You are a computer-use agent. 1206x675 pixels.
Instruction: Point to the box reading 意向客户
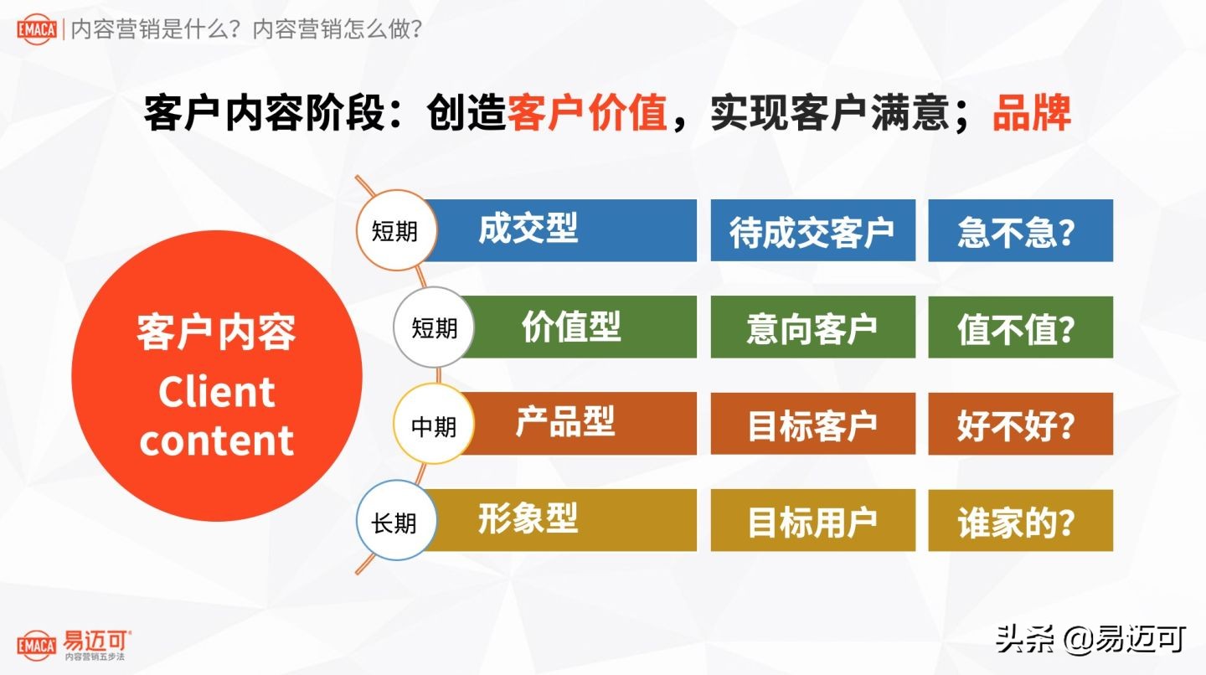point(812,327)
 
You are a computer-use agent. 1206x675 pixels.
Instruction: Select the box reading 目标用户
point(812,521)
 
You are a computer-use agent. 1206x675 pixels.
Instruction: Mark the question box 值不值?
point(1020,327)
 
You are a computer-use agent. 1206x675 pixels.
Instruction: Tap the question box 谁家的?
point(1020,521)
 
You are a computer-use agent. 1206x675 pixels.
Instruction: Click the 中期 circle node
point(434,425)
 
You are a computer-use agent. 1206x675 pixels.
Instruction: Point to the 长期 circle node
point(394,522)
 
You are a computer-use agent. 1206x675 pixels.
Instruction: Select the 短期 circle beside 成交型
point(394,230)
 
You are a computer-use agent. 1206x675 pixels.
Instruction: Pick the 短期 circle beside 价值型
point(434,327)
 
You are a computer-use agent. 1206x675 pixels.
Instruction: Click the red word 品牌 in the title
point(1032,113)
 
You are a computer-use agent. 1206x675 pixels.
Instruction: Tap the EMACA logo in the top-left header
point(36,30)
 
